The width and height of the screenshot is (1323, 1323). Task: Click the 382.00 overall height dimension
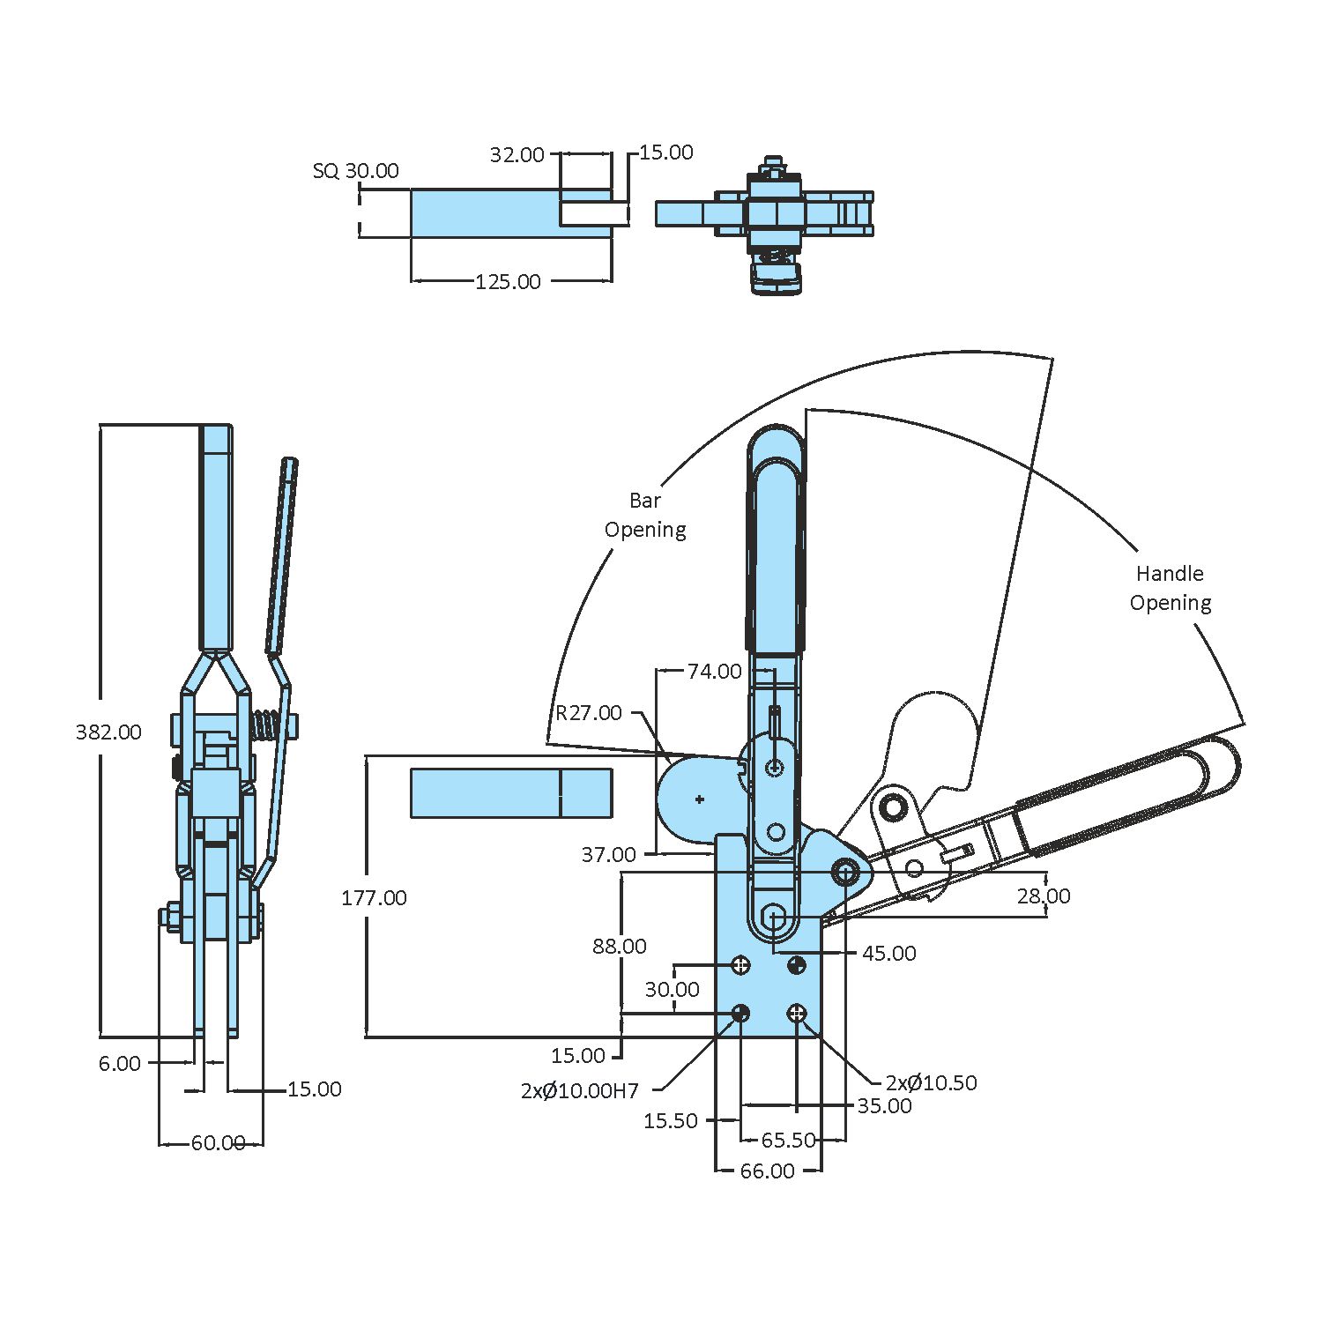click(x=108, y=732)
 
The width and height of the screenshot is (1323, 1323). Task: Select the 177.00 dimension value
click(x=374, y=898)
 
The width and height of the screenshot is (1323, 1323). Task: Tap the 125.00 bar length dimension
click(x=508, y=282)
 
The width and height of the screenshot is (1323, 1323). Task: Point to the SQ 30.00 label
click(x=355, y=171)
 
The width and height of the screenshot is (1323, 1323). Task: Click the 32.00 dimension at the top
click(x=517, y=155)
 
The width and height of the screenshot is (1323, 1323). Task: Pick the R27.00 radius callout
click(x=588, y=713)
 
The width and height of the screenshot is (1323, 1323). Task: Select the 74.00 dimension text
click(x=714, y=672)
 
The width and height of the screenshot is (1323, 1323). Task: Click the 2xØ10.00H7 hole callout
click(x=579, y=1091)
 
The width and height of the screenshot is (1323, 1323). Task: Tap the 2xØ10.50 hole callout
click(x=931, y=1083)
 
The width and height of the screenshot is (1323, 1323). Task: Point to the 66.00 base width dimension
click(x=767, y=1171)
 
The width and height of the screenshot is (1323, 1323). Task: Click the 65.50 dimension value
click(x=788, y=1141)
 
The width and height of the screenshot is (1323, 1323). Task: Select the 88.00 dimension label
click(x=619, y=947)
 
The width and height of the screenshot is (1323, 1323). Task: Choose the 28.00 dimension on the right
click(x=1044, y=896)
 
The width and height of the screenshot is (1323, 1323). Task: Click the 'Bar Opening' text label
click(x=645, y=516)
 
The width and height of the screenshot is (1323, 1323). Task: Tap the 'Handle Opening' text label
click(x=1170, y=589)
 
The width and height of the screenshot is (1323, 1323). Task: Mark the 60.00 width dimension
click(x=218, y=1143)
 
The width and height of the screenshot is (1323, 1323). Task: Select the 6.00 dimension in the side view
click(x=120, y=1064)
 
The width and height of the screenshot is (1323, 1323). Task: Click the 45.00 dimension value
click(x=888, y=954)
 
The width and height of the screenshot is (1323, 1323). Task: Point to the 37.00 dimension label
click(x=608, y=855)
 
